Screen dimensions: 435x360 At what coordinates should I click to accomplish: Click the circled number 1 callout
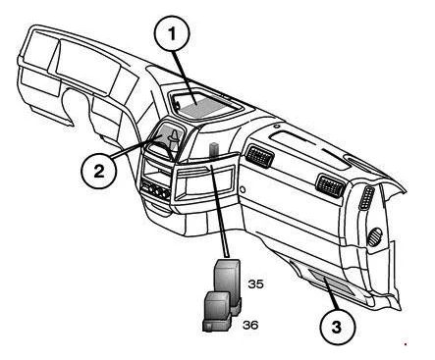(172, 33)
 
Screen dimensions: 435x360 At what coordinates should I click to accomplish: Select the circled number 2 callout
(99, 172)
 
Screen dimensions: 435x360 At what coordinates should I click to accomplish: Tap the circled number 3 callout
(337, 327)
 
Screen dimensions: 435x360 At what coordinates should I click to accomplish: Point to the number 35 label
(255, 284)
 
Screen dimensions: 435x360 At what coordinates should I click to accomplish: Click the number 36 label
(250, 325)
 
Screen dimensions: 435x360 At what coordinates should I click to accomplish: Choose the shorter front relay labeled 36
(217, 312)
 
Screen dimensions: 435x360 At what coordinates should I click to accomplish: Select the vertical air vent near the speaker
(366, 198)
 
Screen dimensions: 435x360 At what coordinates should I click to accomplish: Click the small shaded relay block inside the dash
(214, 149)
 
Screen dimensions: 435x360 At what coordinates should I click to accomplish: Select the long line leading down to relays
(220, 211)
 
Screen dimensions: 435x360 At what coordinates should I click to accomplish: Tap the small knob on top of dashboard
(277, 127)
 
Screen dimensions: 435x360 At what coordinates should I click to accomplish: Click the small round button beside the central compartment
(243, 189)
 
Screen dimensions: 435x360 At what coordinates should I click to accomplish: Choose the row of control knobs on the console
(155, 191)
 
